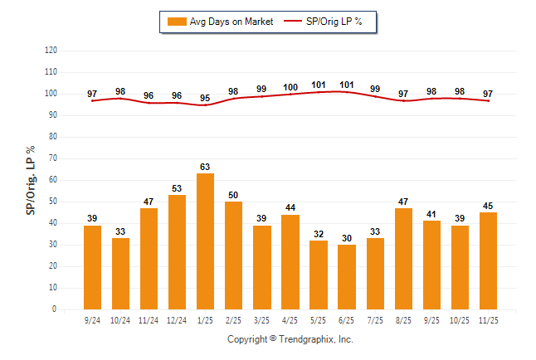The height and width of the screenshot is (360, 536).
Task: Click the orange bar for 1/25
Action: click(x=205, y=241)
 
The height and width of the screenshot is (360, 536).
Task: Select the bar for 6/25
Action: click(x=346, y=277)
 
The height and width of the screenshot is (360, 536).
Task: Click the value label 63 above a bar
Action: click(x=205, y=167)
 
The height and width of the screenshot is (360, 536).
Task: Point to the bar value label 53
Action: click(x=177, y=188)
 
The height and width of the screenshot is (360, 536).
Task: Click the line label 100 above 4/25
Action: click(x=290, y=87)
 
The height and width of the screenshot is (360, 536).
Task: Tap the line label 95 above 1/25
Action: click(x=205, y=98)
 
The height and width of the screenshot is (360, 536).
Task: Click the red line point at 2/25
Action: click(x=233, y=99)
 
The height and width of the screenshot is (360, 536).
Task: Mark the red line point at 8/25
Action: click(x=403, y=100)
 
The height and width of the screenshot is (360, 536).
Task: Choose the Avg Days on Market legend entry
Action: click(x=218, y=22)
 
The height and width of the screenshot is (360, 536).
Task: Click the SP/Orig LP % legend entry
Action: click(x=326, y=22)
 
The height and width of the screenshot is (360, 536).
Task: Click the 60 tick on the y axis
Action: click(x=52, y=180)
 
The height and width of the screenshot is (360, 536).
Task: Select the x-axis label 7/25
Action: click(x=375, y=320)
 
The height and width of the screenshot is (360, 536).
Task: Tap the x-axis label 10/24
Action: click(x=120, y=320)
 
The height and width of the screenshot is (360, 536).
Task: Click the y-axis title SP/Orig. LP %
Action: click(x=31, y=180)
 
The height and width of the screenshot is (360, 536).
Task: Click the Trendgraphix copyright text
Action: click(x=290, y=339)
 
